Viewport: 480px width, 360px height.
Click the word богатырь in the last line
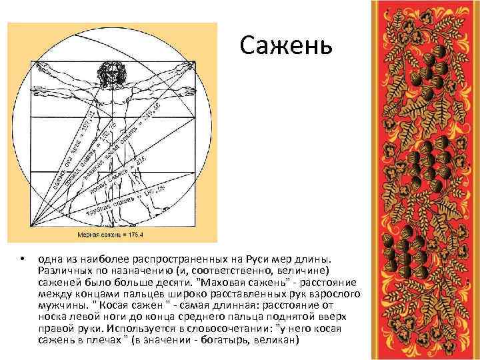click(x=236, y=337)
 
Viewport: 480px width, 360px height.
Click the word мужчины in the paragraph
click(x=59, y=303)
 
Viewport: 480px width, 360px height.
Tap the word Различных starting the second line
click(x=63, y=269)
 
